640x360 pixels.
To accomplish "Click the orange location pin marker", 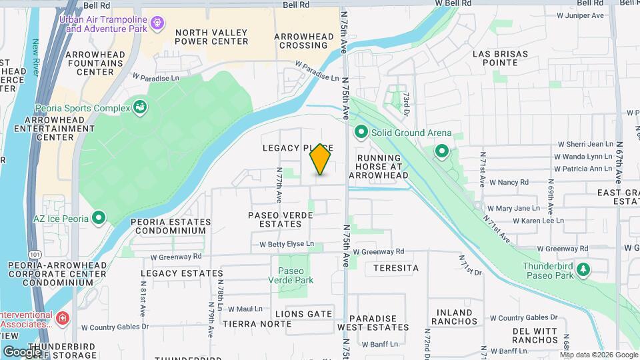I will [x=321, y=159].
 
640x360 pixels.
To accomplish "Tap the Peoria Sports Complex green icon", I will [x=140, y=106].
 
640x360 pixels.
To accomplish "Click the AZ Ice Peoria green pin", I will [x=99, y=218].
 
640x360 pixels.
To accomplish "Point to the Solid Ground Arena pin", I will [x=361, y=133].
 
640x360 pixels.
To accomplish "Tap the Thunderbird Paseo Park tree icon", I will [x=584, y=269].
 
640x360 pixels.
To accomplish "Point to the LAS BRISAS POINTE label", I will [x=500, y=58].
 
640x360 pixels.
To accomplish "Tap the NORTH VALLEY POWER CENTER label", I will [x=211, y=37].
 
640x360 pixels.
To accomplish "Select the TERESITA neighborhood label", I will [x=396, y=268].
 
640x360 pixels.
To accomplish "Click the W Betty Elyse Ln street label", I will [x=287, y=244].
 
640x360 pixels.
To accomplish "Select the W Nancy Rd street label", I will [x=509, y=182].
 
